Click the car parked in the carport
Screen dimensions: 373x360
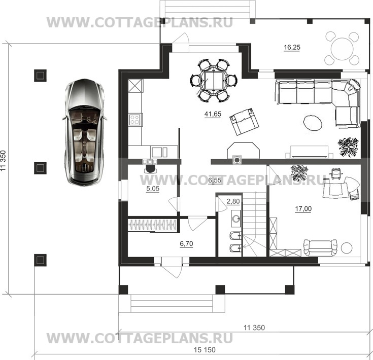[84, 132]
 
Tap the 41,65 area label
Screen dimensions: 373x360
[213, 114]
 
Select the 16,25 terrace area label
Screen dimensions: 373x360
[292, 47]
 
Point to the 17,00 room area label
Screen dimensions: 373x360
[303, 209]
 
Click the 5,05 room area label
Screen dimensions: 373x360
[153, 189]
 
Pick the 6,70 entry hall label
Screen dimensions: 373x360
[186, 243]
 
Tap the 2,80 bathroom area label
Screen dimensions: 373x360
[233, 201]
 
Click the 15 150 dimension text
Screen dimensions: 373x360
[205, 349]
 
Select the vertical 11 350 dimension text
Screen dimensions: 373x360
[3, 161]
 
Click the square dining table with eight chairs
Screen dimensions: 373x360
[214, 81]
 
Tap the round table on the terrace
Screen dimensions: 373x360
[342, 49]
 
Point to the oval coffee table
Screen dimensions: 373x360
[313, 123]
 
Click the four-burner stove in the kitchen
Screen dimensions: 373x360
[134, 120]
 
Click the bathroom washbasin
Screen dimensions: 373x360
[236, 218]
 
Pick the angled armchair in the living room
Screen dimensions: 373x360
[244, 121]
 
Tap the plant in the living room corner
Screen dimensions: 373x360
[348, 147]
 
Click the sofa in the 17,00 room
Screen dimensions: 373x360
[320, 248]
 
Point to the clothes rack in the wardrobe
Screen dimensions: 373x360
[152, 225]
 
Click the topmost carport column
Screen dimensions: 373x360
[40, 76]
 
